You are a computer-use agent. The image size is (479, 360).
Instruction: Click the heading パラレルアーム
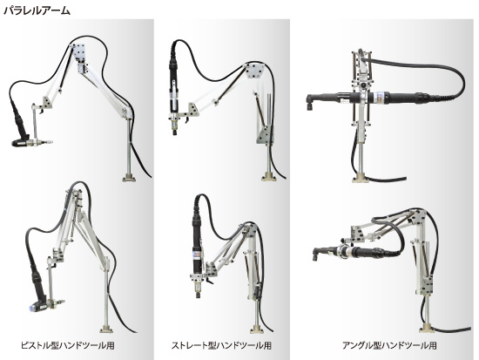[37, 10]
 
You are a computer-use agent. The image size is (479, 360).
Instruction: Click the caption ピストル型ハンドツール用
[68, 346]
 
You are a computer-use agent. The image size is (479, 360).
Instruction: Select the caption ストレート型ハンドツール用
[221, 346]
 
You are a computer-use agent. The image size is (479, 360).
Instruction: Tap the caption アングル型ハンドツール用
[389, 346]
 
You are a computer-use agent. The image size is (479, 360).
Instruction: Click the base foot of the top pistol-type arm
[129, 178]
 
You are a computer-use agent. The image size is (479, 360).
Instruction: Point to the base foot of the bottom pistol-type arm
[106, 329]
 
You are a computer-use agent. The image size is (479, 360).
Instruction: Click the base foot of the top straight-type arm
[268, 177]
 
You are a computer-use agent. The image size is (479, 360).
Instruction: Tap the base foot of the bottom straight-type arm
[257, 329]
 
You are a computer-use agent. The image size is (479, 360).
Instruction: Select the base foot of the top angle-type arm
[360, 179]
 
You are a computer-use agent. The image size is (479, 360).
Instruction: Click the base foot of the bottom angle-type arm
[427, 328]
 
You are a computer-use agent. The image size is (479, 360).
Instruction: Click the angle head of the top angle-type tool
[312, 101]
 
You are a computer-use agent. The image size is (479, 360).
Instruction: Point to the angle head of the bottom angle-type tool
[317, 254]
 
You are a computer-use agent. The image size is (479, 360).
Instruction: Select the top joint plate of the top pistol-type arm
[80, 53]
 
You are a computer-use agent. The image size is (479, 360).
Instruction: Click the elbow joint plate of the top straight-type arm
[256, 71]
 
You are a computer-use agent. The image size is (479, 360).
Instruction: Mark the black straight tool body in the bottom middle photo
[197, 245]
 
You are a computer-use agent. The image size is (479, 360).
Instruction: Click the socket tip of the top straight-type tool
[175, 132]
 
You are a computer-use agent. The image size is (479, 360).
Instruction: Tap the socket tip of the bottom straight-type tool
[198, 295]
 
